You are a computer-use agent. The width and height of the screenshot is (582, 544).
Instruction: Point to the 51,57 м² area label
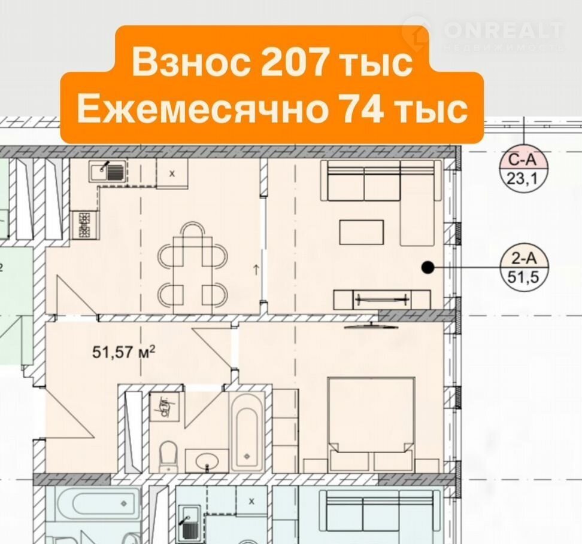coord(123,352)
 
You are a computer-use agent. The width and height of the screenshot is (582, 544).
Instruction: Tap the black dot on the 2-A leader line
coord(428,267)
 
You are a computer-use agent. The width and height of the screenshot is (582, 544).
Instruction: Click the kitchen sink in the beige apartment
coord(108,171)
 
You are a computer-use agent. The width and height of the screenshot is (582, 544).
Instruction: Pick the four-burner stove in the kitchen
coord(85,225)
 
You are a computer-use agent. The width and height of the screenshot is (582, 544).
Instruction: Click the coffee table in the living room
coord(362,233)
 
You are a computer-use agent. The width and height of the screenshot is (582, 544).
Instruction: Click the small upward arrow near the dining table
coord(256,270)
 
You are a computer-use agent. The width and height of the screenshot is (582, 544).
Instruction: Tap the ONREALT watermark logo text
coord(504,30)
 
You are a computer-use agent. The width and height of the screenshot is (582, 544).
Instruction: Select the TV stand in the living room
coord(382,299)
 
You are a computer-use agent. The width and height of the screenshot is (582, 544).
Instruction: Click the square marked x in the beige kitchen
coord(172,173)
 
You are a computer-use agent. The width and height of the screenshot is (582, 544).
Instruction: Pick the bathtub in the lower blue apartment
coord(98,504)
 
